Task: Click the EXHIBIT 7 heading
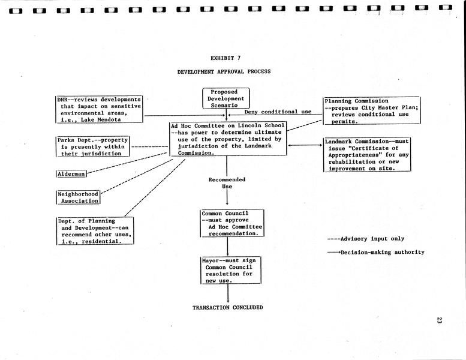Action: (x=226, y=58)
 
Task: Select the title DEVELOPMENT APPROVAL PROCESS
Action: (x=224, y=72)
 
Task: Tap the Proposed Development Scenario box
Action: (x=226, y=98)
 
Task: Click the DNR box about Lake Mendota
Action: (x=100, y=109)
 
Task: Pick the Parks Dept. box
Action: (x=92, y=146)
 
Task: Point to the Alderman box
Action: (x=71, y=173)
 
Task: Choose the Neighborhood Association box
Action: (x=78, y=197)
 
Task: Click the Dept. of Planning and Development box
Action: (x=95, y=231)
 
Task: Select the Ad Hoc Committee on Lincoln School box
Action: (x=227, y=139)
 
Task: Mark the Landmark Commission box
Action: (x=367, y=155)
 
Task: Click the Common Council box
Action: (x=232, y=223)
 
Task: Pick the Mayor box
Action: (x=231, y=271)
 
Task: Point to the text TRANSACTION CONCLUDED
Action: (x=227, y=308)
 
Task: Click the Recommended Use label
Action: (x=227, y=183)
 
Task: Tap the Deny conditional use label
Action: (x=270, y=112)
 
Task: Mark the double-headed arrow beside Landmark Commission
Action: (x=305, y=145)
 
